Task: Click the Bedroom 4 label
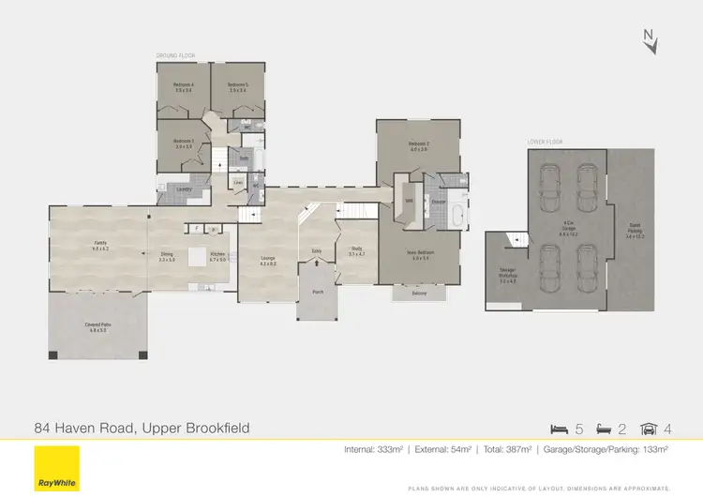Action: (183, 87)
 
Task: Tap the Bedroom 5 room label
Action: (236, 87)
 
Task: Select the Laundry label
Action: (185, 190)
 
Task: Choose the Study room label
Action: (356, 251)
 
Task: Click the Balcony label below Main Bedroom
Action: (418, 294)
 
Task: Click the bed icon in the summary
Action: (560, 429)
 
